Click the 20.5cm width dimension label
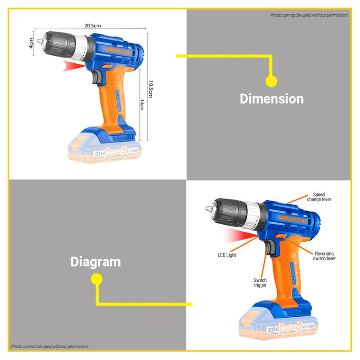click(x=92, y=24)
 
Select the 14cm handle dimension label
click(x=142, y=105)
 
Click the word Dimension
click(x=272, y=99)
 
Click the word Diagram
click(x=95, y=262)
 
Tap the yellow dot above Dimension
click(x=271, y=81)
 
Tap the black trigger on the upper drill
click(x=96, y=78)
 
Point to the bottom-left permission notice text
click(x=49, y=347)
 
